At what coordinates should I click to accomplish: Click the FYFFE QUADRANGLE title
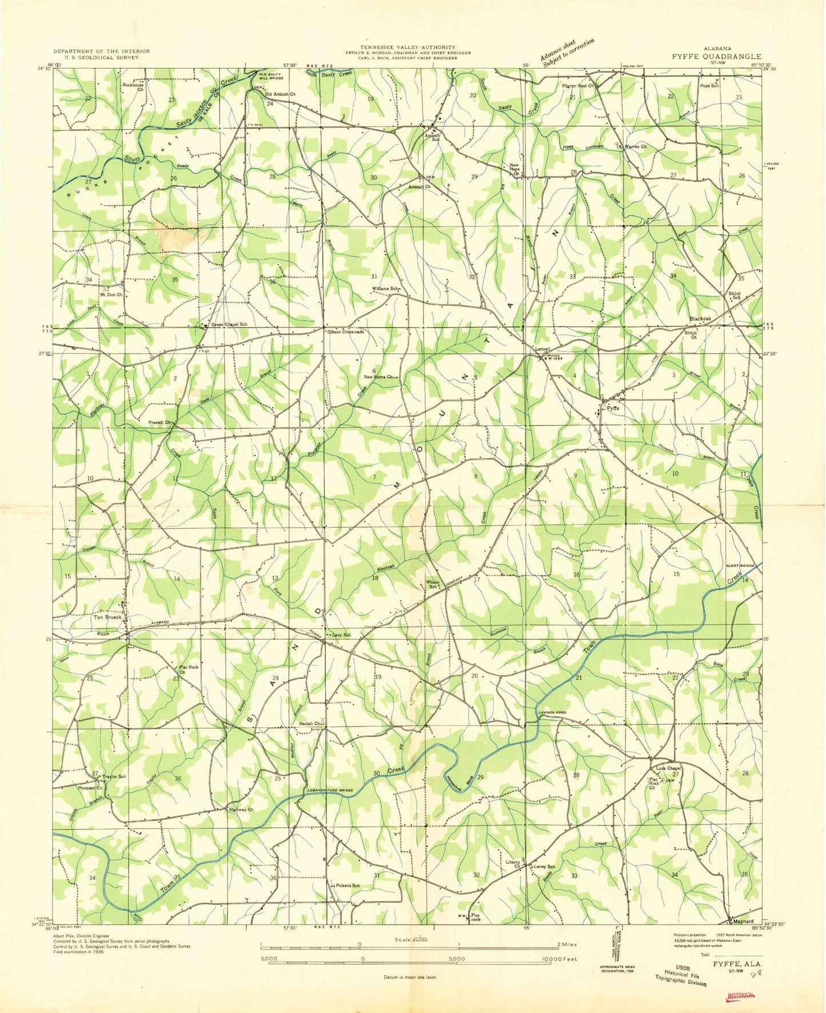coord(716,57)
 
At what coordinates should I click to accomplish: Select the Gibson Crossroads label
coord(345,332)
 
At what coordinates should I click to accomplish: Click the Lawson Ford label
coord(552,712)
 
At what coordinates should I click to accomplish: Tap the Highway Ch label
coord(241,809)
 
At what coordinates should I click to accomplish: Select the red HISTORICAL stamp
coord(740,996)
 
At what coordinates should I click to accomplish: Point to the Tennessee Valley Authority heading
coord(408,47)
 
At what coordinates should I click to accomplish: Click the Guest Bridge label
coord(740,565)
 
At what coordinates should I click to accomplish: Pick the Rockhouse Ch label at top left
coord(133,87)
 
